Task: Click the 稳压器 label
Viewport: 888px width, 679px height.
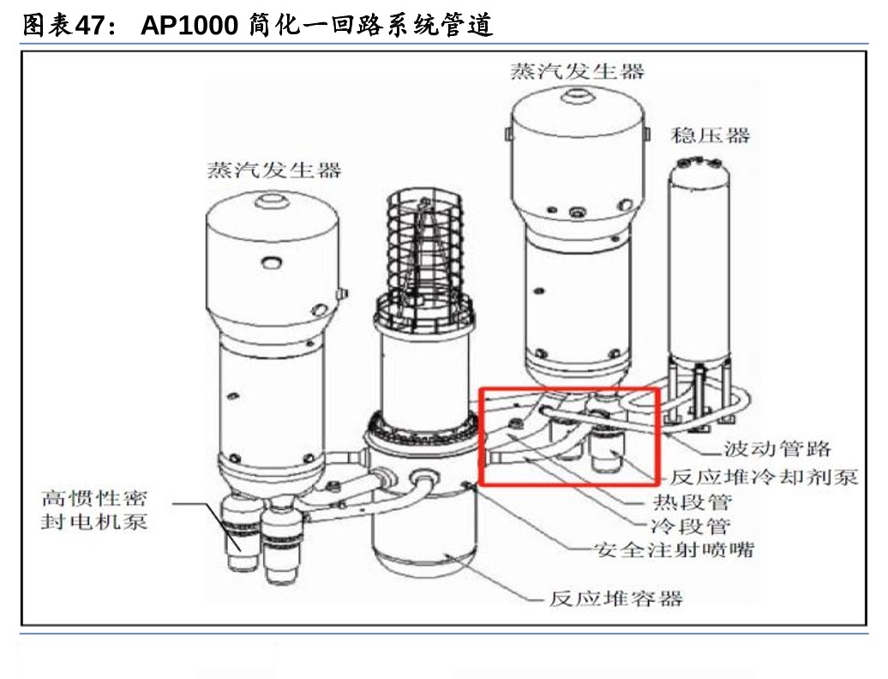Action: [711, 135]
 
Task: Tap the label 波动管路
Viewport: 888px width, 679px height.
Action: [777, 448]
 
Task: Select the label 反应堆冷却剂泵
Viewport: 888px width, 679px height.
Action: [764, 477]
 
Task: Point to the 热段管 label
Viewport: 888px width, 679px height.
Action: [692, 502]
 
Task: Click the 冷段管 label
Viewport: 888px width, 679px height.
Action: [689, 526]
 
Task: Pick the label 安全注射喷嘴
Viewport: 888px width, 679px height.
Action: [674, 550]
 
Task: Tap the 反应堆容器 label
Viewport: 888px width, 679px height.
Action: [616, 598]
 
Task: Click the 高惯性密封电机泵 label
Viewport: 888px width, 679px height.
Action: [94, 509]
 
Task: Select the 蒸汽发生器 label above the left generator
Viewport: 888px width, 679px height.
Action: [274, 170]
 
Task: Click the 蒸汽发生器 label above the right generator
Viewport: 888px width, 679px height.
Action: [577, 71]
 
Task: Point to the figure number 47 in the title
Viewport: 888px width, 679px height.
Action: [90, 25]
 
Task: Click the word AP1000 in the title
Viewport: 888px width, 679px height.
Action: [189, 25]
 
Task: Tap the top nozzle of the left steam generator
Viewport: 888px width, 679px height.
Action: [271, 201]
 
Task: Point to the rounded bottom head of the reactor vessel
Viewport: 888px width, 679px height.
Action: [424, 561]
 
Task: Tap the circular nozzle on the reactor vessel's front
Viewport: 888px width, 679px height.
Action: [423, 477]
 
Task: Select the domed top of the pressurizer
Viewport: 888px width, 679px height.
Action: [699, 166]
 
